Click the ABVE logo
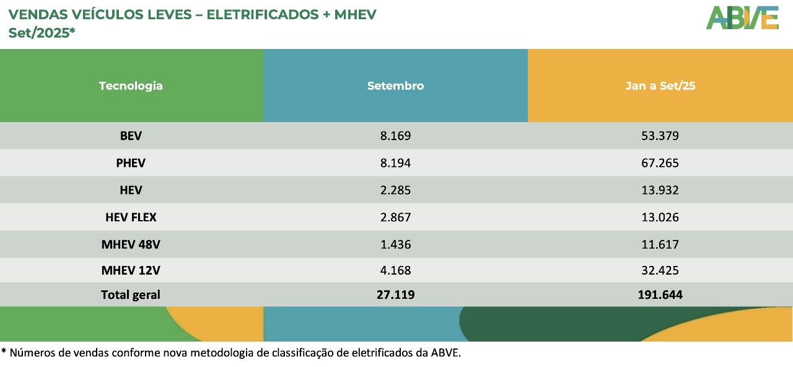[742, 17]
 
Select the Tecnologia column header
[131, 86]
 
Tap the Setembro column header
[395, 86]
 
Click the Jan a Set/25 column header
[660, 86]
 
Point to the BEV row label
[131, 136]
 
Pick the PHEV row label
[131, 163]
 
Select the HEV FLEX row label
[131, 217]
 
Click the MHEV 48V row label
[131, 244]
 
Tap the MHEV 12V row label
[131, 270]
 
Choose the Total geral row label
[131, 295]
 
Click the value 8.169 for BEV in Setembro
[395, 136]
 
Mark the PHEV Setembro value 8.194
[395, 163]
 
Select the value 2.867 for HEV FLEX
[395, 217]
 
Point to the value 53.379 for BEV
[660, 136]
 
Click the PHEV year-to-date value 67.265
[660, 163]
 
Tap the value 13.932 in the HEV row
[660, 190]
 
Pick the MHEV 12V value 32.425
[660, 270]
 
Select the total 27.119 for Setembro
[395, 295]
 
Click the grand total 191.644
[660, 295]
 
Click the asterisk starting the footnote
[4, 352]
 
